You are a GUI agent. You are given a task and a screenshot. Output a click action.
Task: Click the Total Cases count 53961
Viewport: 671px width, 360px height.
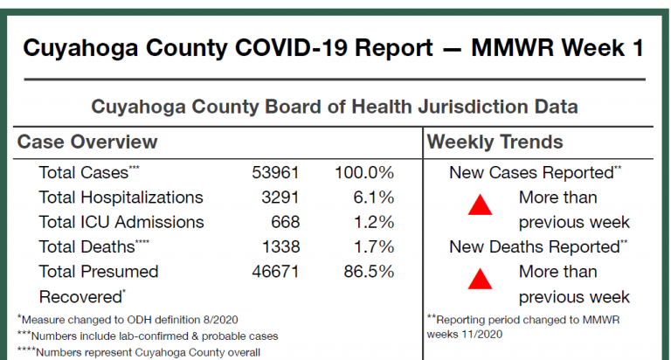click(x=275, y=173)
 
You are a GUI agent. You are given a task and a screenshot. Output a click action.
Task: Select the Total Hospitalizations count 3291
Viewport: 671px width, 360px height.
click(x=280, y=197)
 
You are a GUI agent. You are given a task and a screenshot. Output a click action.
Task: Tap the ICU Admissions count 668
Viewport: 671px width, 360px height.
click(x=285, y=222)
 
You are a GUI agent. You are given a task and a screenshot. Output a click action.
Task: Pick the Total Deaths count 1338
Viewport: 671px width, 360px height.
click(x=280, y=246)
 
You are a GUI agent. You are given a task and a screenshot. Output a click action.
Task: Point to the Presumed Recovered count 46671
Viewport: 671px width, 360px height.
click(x=275, y=272)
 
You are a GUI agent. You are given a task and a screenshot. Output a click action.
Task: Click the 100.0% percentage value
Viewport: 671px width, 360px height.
click(x=364, y=173)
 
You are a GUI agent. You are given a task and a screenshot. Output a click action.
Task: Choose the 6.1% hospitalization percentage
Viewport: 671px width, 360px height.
click(x=374, y=197)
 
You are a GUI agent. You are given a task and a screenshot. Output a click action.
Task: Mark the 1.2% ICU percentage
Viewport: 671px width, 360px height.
click(x=374, y=222)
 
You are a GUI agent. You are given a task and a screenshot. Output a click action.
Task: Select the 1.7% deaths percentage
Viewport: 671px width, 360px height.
click(x=374, y=246)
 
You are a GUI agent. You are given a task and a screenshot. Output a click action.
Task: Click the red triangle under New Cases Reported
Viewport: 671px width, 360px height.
click(x=481, y=207)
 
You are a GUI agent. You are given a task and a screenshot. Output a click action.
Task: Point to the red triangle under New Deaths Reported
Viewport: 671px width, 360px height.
click(x=481, y=280)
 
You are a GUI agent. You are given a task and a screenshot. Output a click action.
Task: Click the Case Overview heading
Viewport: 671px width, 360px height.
click(x=87, y=142)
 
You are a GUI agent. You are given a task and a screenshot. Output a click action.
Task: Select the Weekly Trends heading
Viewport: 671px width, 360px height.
click(x=495, y=142)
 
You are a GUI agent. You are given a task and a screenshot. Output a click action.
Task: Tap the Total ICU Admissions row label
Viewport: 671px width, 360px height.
click(x=121, y=222)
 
